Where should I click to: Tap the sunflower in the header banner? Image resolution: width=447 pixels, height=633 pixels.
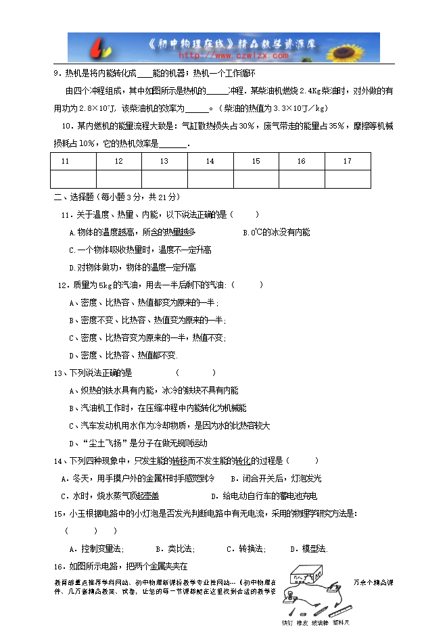(356, 46)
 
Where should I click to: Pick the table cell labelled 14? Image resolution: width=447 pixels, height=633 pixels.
(210, 161)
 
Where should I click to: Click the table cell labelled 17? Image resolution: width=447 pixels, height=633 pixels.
(347, 161)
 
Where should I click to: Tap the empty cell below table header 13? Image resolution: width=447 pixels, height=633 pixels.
(164, 179)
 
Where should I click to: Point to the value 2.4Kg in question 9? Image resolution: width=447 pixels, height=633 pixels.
(314, 91)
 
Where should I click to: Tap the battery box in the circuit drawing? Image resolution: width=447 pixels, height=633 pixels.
(303, 576)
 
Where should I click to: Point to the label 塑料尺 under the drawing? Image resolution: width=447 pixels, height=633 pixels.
(340, 622)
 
